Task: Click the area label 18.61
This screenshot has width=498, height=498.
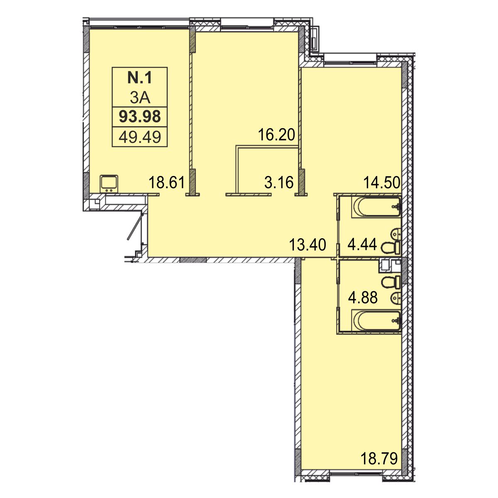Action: click(x=167, y=183)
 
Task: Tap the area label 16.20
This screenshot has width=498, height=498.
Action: click(x=276, y=134)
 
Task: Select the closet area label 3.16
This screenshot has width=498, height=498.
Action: click(x=279, y=183)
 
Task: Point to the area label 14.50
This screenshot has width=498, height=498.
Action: click(x=382, y=183)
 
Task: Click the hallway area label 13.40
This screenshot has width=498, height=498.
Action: click(x=308, y=245)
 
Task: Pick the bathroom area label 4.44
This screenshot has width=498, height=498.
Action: click(x=362, y=244)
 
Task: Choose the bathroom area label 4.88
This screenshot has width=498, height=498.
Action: click(x=363, y=298)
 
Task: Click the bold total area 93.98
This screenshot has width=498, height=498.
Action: click(x=140, y=117)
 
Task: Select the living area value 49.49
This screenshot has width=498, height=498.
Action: click(x=140, y=137)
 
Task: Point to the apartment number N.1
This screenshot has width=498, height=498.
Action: click(x=140, y=78)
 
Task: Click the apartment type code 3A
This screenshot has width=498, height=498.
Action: click(x=140, y=98)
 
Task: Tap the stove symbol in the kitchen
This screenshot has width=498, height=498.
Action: click(x=109, y=184)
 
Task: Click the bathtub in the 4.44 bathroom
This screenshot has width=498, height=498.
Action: click(x=376, y=207)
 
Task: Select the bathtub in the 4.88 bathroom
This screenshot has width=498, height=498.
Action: click(x=376, y=320)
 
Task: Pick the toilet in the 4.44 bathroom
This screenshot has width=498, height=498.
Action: click(x=391, y=247)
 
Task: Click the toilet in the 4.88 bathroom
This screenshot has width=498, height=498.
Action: click(x=391, y=282)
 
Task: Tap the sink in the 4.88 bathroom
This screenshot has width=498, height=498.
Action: click(x=396, y=299)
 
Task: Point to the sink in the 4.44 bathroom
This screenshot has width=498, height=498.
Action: click(x=396, y=234)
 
